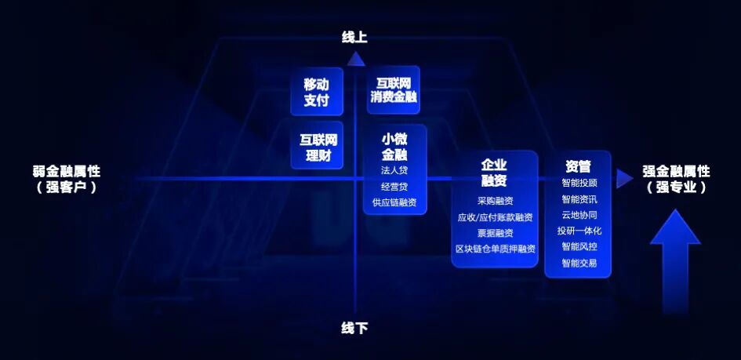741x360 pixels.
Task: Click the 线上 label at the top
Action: pyautogui.click(x=354, y=37)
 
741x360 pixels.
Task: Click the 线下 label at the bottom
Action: pyautogui.click(x=354, y=328)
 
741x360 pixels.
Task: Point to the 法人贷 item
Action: pyautogui.click(x=394, y=170)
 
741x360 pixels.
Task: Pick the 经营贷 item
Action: pyautogui.click(x=394, y=187)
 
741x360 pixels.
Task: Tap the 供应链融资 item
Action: pyautogui.click(x=394, y=202)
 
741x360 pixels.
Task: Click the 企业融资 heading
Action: pyautogui.click(x=494, y=172)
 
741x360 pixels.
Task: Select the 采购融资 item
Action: pyautogui.click(x=495, y=201)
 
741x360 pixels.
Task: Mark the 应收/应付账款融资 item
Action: pyautogui.click(x=495, y=217)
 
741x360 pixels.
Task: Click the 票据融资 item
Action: pyautogui.click(x=495, y=233)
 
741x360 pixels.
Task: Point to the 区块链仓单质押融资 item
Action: pyautogui.click(x=495, y=249)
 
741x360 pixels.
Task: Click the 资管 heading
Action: pyautogui.click(x=578, y=166)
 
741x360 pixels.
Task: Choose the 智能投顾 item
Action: pyautogui.click(x=579, y=183)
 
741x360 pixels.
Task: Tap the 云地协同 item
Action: pyautogui.click(x=579, y=215)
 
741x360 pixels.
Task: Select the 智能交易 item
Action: pyautogui.click(x=579, y=263)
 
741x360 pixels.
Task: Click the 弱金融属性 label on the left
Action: pyautogui.click(x=67, y=172)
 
